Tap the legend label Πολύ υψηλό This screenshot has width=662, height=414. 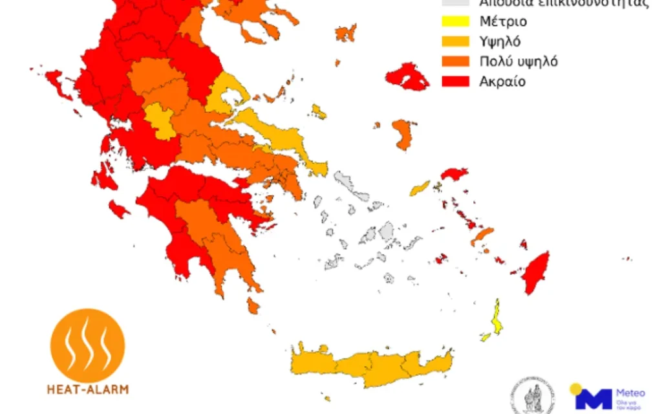click(x=518, y=62)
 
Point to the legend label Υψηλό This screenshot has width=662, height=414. click(x=500, y=42)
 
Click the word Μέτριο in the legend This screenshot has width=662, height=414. click(x=503, y=22)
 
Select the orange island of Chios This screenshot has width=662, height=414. click(x=403, y=134)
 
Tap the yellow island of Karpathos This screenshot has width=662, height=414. click(x=497, y=318)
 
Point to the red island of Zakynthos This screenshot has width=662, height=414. click(x=118, y=209)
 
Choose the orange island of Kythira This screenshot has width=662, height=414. click(x=253, y=305)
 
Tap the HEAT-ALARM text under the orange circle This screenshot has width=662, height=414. click(x=87, y=389)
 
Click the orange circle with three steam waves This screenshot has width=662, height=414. click(x=87, y=345)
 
